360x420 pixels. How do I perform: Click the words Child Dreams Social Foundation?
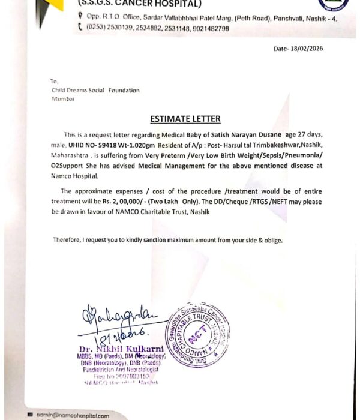pyautogui.click(x=95, y=91)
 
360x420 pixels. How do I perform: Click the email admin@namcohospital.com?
pyautogui.click(x=72, y=415)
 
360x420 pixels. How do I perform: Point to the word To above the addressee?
pyautogui.click(x=54, y=80)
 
